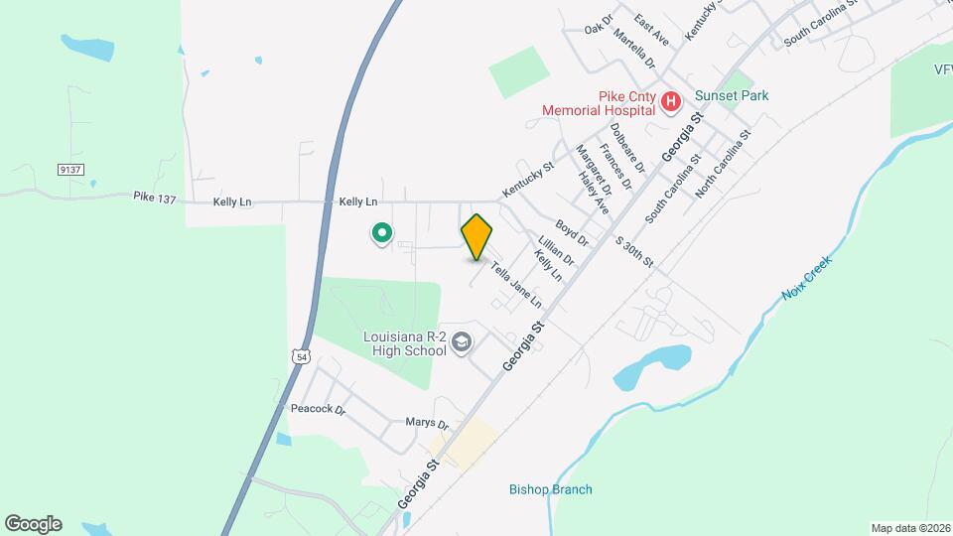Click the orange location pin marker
[477, 236]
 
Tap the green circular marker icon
[380, 233]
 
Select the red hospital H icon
[671, 101]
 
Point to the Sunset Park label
[732, 95]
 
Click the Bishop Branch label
[550, 489]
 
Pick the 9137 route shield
[69, 170]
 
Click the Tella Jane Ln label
[515, 282]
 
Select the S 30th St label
[634, 252]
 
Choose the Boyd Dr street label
[573, 233]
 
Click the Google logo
[33, 524]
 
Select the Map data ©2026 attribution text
[909, 528]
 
